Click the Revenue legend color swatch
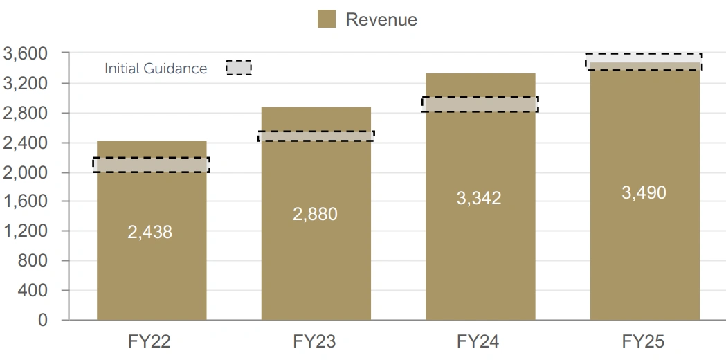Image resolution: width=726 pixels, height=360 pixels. point(327,19)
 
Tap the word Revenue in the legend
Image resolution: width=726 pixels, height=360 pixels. point(381,19)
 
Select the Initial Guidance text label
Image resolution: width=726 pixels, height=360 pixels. point(156,69)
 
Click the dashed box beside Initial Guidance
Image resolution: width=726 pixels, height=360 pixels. point(239,67)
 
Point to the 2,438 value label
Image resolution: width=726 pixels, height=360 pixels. point(149,232)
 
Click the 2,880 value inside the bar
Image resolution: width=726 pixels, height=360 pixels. point(315,214)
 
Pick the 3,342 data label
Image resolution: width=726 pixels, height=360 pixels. point(479,198)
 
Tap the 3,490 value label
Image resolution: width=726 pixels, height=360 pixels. point(644,192)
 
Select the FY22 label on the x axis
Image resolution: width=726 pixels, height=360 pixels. point(150,341)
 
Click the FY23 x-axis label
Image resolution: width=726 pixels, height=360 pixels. point(315,341)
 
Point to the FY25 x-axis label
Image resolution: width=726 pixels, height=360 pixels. point(643,341)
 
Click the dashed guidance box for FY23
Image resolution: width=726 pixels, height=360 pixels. point(316,136)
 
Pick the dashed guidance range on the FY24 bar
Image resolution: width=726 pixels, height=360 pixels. point(480,105)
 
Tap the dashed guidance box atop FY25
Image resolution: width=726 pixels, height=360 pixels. point(644,62)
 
